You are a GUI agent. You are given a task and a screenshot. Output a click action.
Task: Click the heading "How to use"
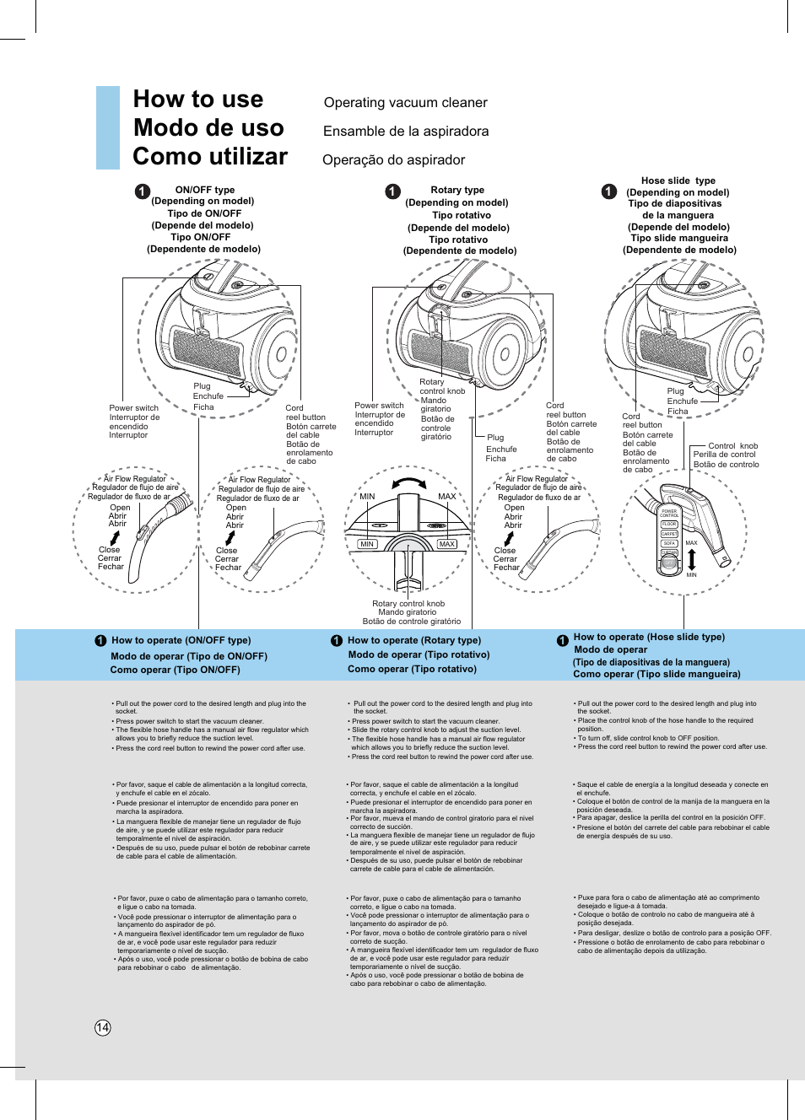[x=198, y=100]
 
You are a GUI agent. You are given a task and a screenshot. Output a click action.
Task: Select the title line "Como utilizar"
[x=210, y=157]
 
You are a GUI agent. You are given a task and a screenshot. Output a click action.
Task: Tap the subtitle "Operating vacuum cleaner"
[x=405, y=103]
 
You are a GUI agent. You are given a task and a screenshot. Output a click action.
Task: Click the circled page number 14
[x=102, y=1027]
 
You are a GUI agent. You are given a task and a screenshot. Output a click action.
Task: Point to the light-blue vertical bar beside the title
[x=108, y=127]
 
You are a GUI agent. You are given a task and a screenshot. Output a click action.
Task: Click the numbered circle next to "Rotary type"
[x=392, y=191]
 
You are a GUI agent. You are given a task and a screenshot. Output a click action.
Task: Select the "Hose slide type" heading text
[x=678, y=180]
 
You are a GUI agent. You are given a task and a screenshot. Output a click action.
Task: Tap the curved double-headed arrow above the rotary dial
[x=409, y=483]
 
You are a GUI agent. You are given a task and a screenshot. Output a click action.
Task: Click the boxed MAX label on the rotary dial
[x=446, y=544]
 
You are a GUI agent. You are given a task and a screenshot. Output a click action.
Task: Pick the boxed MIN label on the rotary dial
[x=367, y=544]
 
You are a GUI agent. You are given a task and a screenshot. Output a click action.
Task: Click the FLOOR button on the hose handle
[x=669, y=524]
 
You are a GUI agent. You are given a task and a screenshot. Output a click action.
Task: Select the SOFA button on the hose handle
[x=669, y=543]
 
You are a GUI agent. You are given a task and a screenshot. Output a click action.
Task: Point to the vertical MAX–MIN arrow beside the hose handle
[x=691, y=558]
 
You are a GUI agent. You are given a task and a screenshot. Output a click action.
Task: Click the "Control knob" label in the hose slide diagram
[x=732, y=446]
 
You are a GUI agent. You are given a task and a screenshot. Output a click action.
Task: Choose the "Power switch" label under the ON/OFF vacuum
[x=133, y=408]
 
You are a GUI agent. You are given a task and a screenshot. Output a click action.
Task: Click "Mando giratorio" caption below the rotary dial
[x=408, y=612]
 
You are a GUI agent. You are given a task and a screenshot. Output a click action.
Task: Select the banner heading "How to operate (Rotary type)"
[x=413, y=640]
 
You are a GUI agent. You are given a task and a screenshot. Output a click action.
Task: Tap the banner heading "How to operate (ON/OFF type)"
[x=181, y=640]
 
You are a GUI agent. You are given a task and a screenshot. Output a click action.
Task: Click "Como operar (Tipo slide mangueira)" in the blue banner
[x=656, y=674]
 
